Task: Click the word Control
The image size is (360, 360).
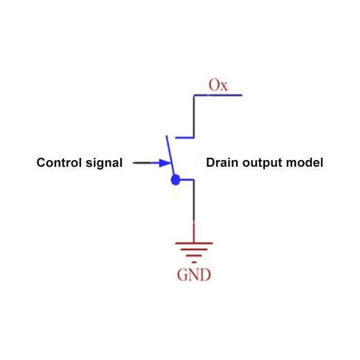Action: tap(59, 162)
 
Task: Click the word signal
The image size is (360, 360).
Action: tap(104, 163)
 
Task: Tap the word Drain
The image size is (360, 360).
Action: tap(222, 162)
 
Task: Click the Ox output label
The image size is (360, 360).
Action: tap(218, 85)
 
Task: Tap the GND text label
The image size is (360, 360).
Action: tap(194, 274)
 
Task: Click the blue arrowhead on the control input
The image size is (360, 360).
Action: tap(165, 163)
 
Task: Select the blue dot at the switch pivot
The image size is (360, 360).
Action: tap(176, 180)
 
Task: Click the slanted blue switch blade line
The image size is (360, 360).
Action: tap(170, 156)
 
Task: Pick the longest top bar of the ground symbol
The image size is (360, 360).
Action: tap(194, 243)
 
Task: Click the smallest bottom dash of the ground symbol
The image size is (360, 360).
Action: tap(194, 262)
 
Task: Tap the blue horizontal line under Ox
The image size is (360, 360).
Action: tap(218, 95)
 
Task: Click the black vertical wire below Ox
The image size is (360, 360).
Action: tap(194, 116)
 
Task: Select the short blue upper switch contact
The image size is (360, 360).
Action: tap(184, 137)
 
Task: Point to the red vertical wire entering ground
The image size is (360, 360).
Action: tap(194, 232)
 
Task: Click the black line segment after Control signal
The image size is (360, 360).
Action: tap(142, 163)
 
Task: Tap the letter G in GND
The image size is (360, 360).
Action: tap(182, 274)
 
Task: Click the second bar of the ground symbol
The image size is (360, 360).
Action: tap(194, 249)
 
